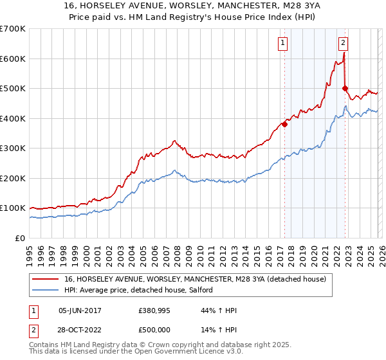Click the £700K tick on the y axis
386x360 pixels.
[13, 29]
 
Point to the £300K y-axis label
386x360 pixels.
[13, 148]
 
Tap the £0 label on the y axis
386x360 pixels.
[21, 238]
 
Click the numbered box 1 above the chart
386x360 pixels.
[283, 43]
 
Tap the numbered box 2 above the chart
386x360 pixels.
[343, 43]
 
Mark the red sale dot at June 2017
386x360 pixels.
[284, 124]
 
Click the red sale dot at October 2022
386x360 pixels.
[345, 89]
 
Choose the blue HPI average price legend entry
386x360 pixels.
[142, 291]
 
